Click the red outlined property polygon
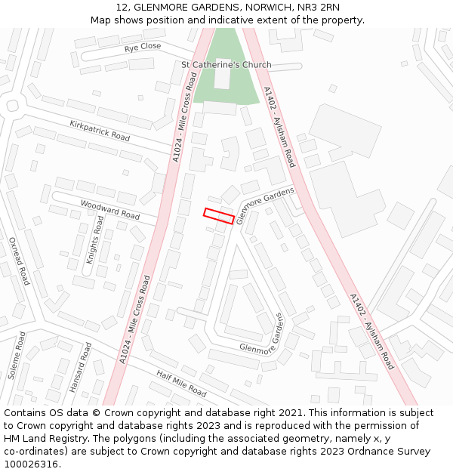point(218,215)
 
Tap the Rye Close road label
point(143,47)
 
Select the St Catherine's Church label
point(226,65)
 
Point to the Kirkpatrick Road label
point(100,131)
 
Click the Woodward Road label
point(110,210)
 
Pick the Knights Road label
point(95,239)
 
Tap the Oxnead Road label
point(18,261)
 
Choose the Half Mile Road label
point(181,384)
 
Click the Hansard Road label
point(80,368)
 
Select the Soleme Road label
point(16,355)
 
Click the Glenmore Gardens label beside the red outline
point(265,205)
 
